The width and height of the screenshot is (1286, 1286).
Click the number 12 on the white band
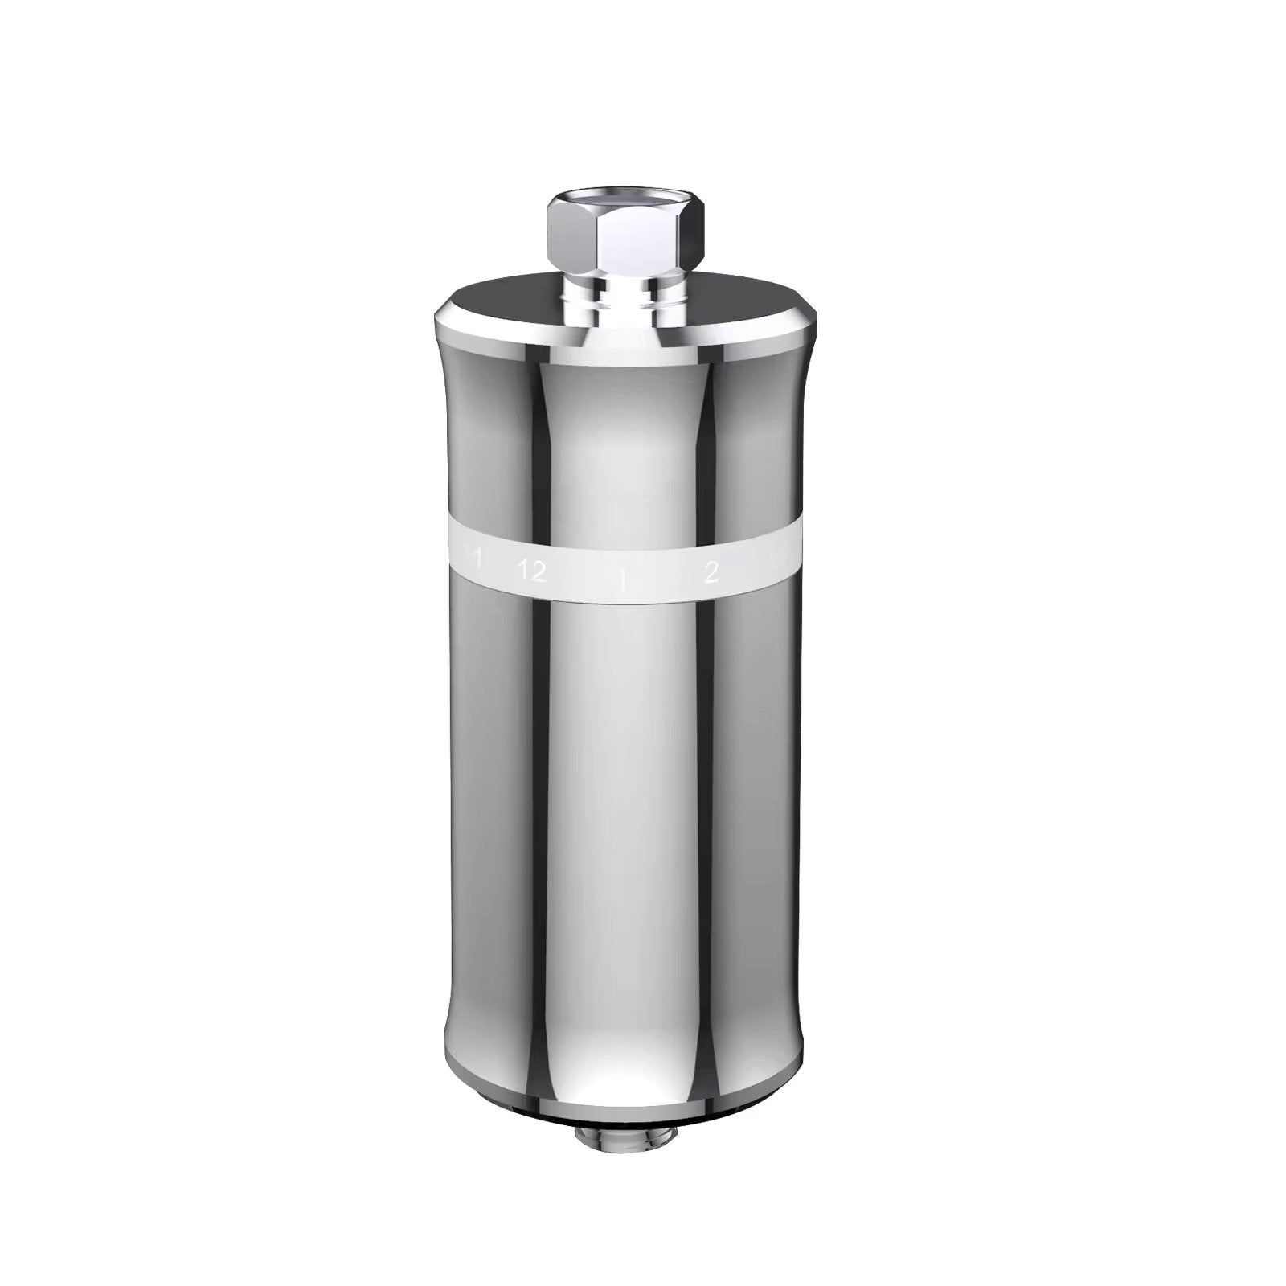(x=532, y=571)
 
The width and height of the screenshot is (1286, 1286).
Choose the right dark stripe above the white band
(x=712, y=434)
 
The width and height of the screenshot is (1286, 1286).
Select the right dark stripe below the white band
(x=712, y=804)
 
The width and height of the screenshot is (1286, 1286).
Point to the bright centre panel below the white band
(x=624, y=804)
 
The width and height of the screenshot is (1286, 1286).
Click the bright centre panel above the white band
(x=624, y=434)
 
